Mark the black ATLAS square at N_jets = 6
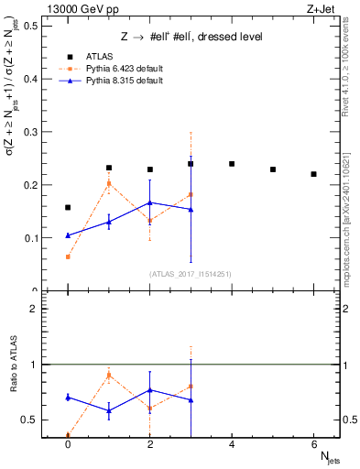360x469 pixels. (x=313, y=174)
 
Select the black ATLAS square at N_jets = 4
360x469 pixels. (x=232, y=164)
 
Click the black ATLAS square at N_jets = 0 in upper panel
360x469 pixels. (x=68, y=207)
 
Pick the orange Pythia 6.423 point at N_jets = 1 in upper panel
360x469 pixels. (x=109, y=184)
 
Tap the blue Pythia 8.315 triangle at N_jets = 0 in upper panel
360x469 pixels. (x=68, y=235)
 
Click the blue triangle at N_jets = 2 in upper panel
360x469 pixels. (x=149, y=202)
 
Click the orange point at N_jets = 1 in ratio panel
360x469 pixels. (x=109, y=376)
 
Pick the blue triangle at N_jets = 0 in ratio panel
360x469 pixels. (x=68, y=398)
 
